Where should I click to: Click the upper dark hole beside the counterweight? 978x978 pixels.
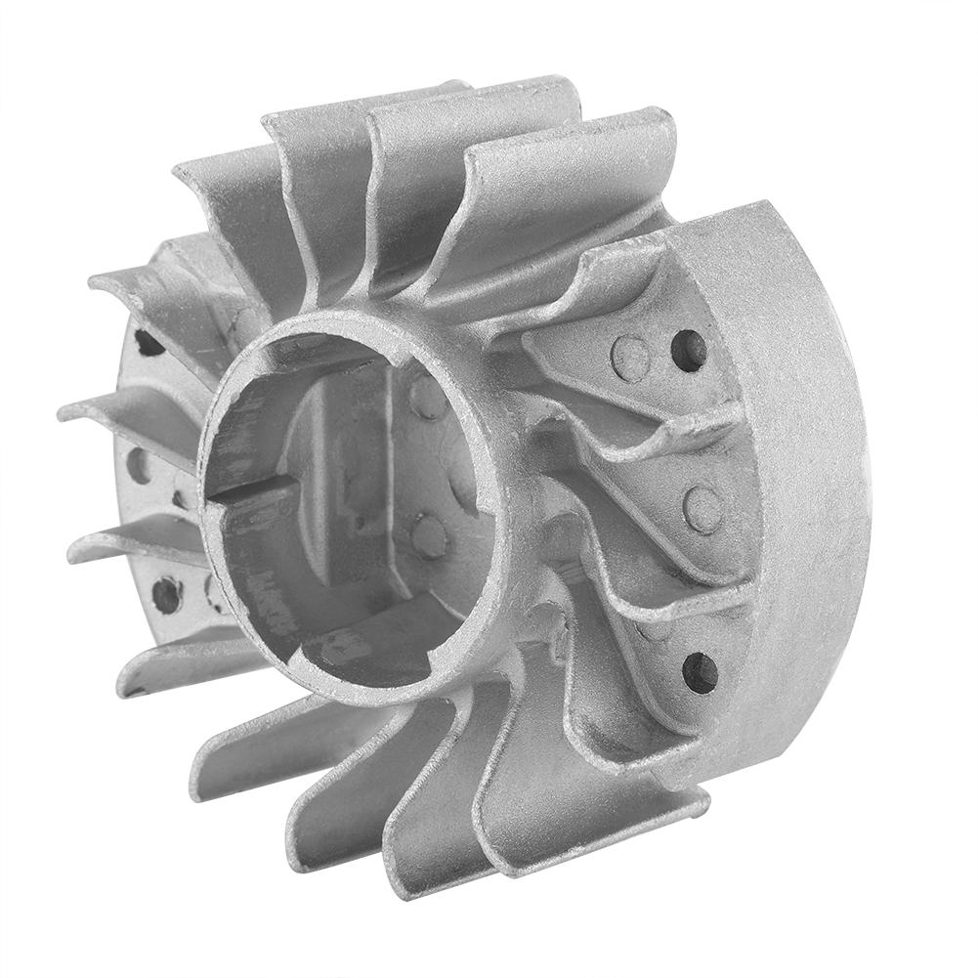[689, 350]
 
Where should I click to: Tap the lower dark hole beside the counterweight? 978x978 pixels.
[700, 672]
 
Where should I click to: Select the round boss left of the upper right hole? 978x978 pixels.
[630, 359]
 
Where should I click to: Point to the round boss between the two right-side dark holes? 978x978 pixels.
[702, 508]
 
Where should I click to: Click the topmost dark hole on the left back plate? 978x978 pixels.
[149, 342]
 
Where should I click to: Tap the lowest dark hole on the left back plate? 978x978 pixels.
[166, 594]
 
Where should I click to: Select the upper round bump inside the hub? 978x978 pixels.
[428, 396]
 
